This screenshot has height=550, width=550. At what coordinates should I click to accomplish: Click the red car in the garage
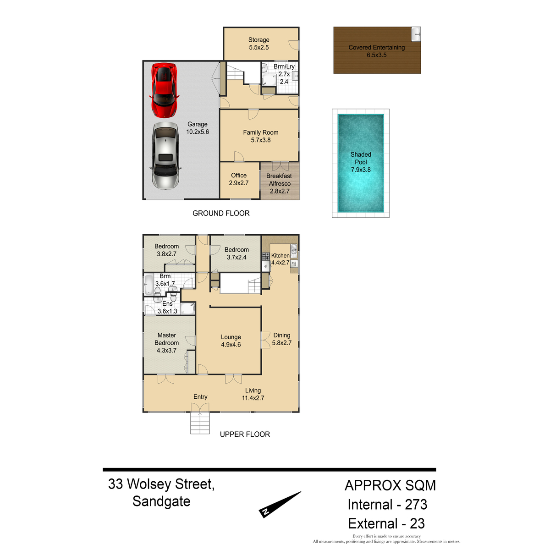[x=164, y=90]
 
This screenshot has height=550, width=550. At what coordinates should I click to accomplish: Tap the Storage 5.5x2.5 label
[x=258, y=44]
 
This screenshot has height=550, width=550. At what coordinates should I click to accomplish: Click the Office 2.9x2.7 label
[x=239, y=179]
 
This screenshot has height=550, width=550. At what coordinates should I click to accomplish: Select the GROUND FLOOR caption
[x=221, y=213]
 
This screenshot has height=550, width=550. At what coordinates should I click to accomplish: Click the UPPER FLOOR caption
[x=245, y=434]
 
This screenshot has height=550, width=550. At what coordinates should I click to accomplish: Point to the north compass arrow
[x=280, y=504]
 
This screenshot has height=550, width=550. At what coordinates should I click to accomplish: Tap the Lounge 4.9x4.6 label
[x=231, y=341]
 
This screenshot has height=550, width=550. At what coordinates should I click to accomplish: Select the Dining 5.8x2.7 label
[x=282, y=339]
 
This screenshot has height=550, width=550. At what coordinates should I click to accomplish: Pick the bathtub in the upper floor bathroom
[x=148, y=284]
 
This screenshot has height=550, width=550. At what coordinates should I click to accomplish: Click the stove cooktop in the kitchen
[x=266, y=256]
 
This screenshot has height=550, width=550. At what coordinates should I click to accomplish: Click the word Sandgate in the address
[x=161, y=501]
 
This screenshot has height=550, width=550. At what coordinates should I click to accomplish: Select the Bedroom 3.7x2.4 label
[x=236, y=253]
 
